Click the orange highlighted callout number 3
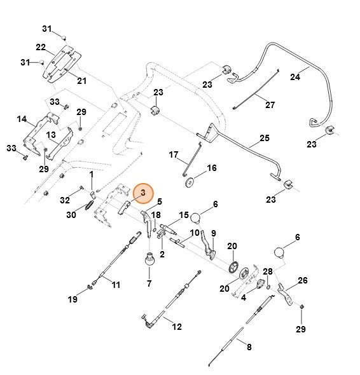143,192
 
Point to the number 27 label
270,105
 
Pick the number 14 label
22,119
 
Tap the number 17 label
174,154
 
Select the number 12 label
177,327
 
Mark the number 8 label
249,347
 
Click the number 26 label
302,280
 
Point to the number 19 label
73,299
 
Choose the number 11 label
115,284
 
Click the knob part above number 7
150,259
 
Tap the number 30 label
71,215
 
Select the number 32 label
64,200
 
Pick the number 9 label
213,233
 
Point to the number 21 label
81,80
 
